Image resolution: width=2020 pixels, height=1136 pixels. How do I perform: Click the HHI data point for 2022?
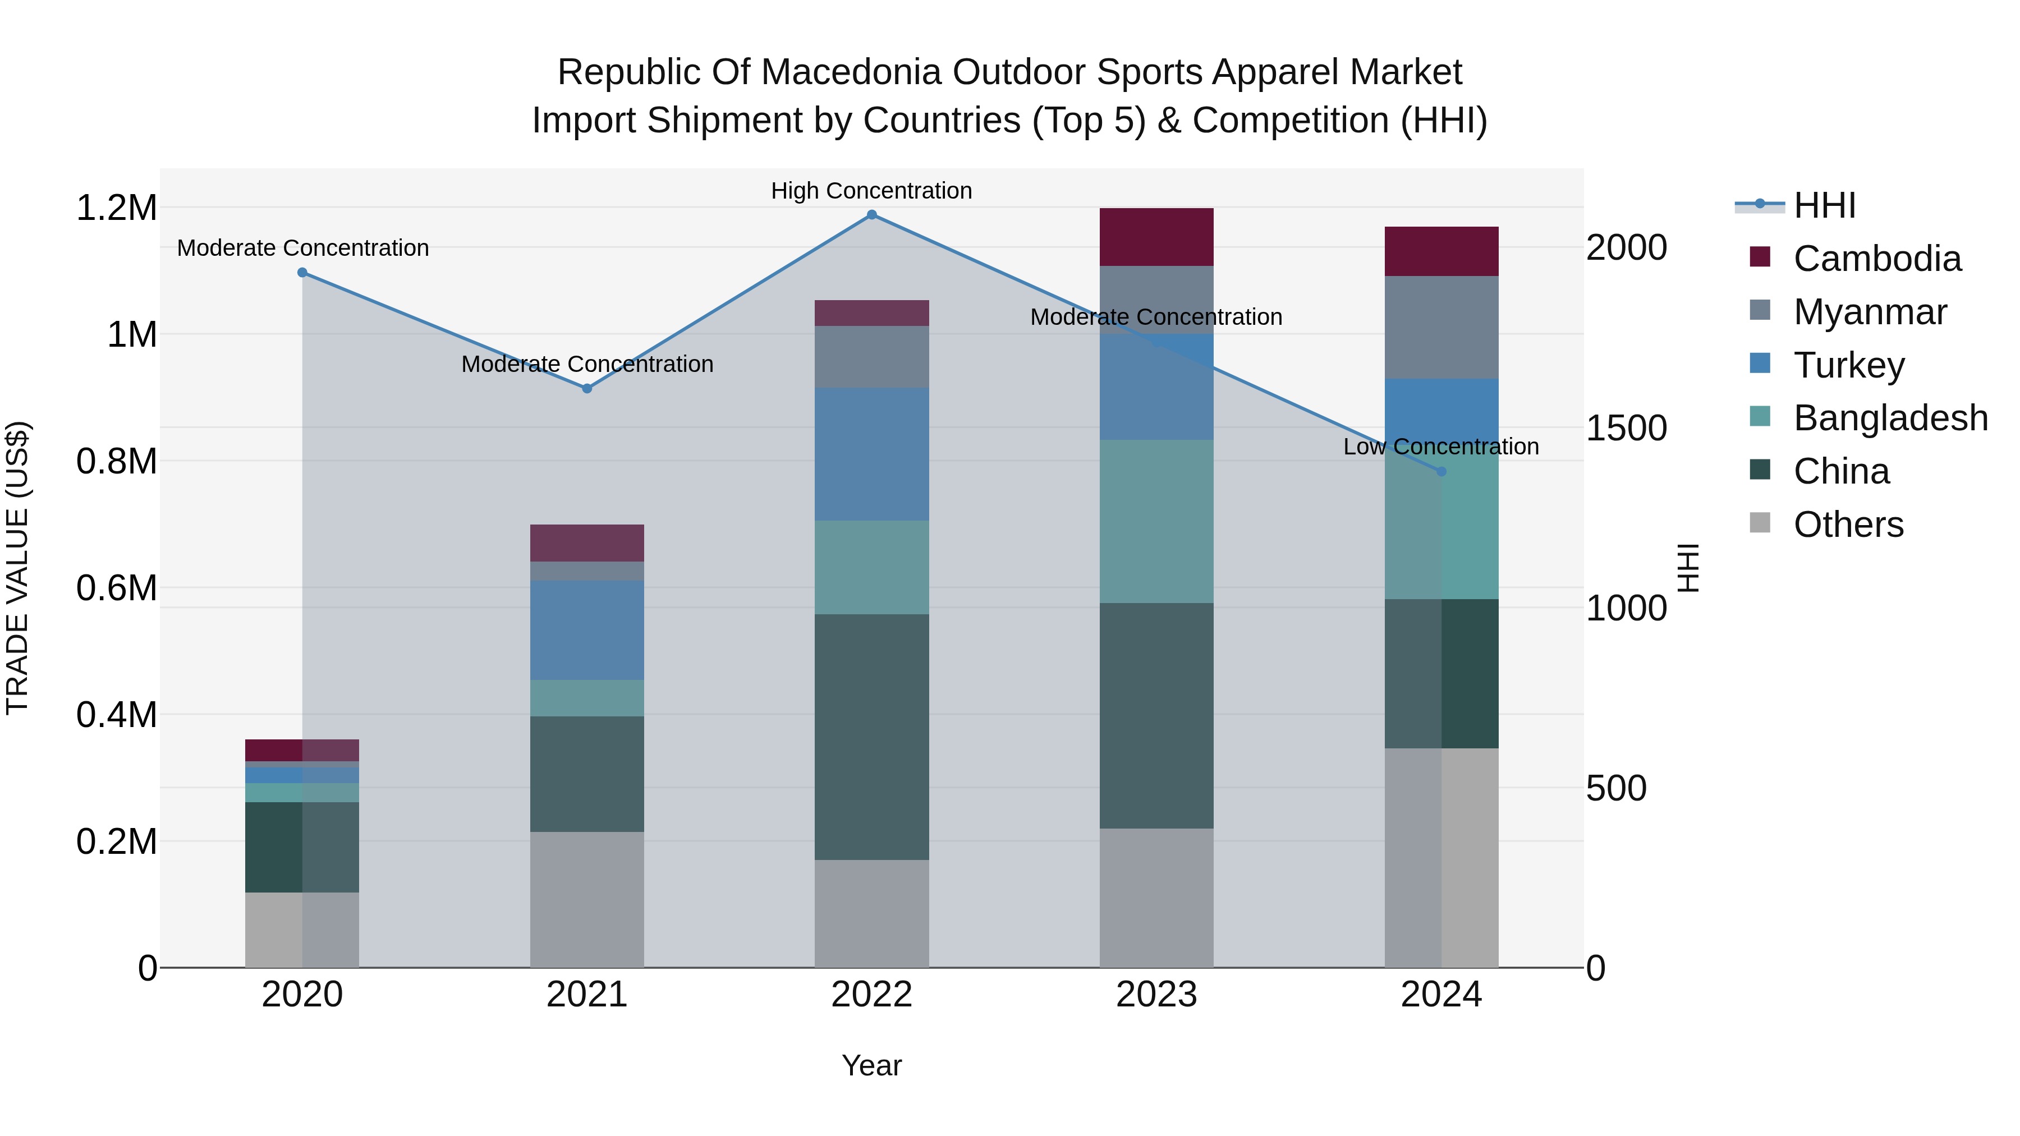pos(871,215)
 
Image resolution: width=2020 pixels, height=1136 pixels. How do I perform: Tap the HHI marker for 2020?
pos(302,273)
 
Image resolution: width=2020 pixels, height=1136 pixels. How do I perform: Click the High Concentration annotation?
pos(871,191)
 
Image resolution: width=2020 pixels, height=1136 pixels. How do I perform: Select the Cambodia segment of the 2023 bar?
pos(1156,237)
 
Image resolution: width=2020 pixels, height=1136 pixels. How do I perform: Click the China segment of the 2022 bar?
pos(871,737)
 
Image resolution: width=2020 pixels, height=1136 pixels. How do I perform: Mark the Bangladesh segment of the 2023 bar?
pos(1156,521)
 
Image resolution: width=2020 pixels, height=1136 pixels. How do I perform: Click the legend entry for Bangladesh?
pos(1890,418)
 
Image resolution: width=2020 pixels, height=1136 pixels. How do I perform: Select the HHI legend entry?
pos(1824,205)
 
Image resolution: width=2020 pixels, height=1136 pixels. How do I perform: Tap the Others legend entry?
pos(1848,525)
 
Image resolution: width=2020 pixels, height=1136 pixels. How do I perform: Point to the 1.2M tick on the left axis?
pos(116,209)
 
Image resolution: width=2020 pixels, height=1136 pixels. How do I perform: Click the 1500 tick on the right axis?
pos(1626,428)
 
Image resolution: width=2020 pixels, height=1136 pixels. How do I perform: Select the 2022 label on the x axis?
pos(871,995)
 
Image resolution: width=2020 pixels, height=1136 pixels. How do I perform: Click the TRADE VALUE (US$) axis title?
pos(17,568)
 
